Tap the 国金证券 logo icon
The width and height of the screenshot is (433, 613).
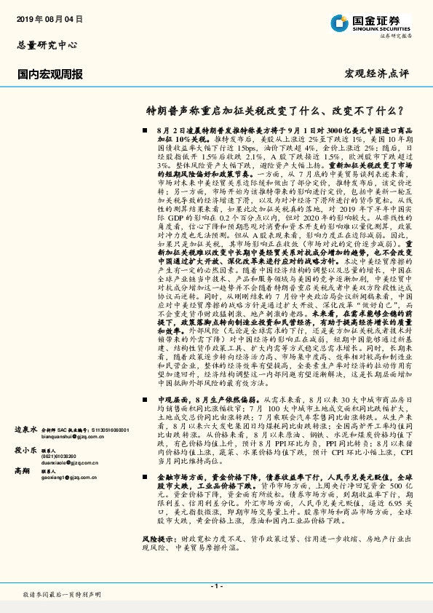tap(338, 21)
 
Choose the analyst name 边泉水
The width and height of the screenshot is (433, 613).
tap(26, 431)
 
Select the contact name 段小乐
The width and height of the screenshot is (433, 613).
tap(26, 449)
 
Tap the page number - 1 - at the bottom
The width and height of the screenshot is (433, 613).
tap(217, 587)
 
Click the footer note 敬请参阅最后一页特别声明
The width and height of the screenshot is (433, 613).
tap(62, 595)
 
